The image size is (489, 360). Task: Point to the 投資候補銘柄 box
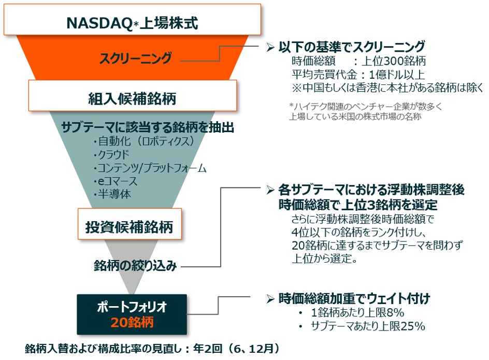pos(129,226)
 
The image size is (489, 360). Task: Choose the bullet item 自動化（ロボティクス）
pos(143,141)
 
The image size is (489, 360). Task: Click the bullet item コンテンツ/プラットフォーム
pos(150,168)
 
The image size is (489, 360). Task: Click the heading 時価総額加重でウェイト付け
pos(354,298)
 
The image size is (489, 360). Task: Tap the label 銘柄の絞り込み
pos(135,266)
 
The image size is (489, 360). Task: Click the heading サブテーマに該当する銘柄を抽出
pos(148,127)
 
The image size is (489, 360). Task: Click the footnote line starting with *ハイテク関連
pos(366,107)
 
